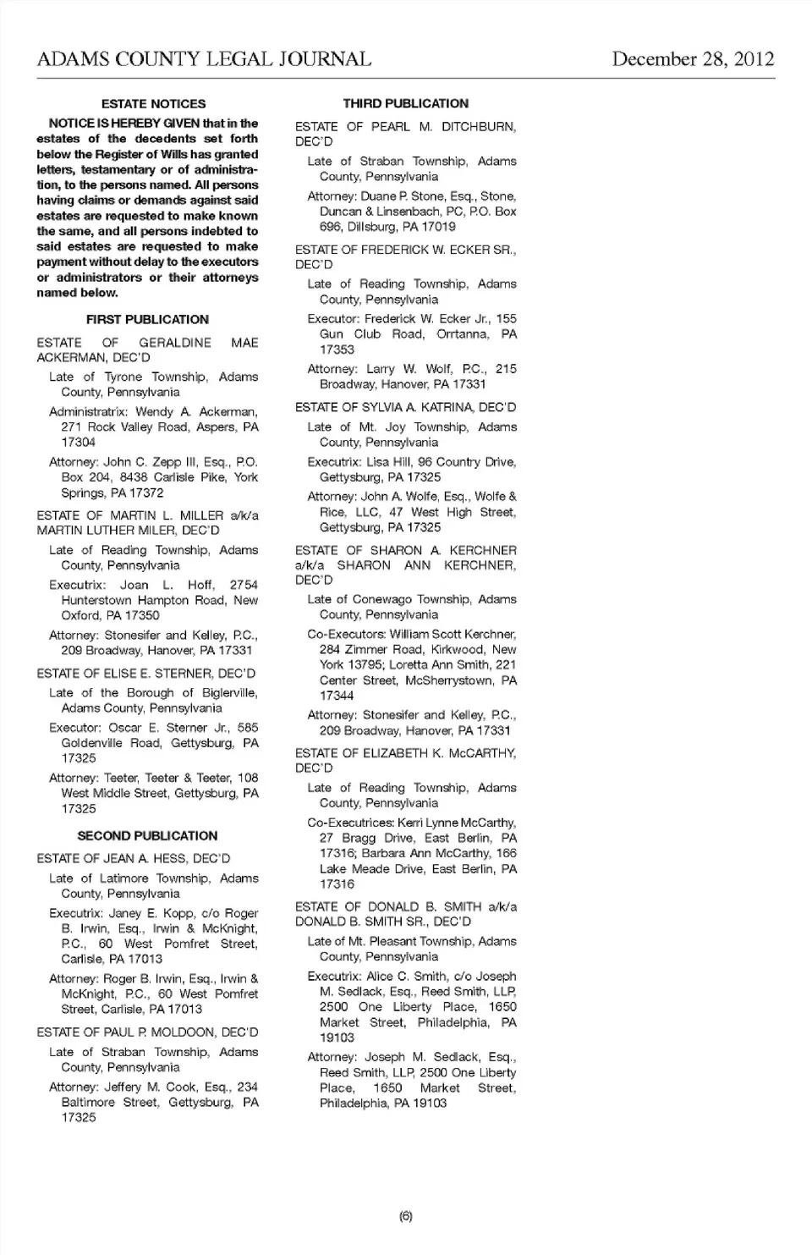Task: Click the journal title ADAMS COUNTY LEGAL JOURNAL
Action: coord(204,59)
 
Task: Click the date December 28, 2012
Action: coord(693,59)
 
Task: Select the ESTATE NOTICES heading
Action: coord(153,104)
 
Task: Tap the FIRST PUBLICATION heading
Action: coord(147,320)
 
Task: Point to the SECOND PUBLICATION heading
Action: coord(147,836)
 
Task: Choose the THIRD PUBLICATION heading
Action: coord(405,104)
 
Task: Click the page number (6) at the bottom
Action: coord(406,1216)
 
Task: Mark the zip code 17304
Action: coord(79,443)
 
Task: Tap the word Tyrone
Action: coord(123,377)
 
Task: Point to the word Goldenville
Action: coord(92,743)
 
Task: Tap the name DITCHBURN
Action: coord(479,127)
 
